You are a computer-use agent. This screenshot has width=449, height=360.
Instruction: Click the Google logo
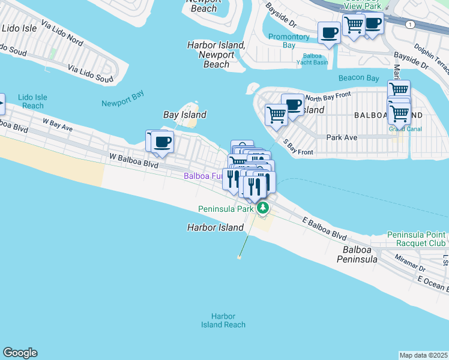20,353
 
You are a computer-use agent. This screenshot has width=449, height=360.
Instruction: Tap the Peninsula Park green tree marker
263,209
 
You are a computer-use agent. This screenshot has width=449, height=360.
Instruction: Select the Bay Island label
185,115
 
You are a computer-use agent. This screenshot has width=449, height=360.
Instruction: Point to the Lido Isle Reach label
32,101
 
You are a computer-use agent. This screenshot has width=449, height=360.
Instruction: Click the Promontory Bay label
289,41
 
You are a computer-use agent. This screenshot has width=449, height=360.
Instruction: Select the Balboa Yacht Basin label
312,59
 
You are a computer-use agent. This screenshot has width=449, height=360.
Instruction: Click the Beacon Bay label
358,78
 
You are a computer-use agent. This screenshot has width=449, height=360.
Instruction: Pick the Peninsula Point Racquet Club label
417,239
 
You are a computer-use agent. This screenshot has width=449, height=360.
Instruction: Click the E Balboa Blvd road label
325,229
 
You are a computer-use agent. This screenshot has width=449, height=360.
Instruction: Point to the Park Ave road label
342,137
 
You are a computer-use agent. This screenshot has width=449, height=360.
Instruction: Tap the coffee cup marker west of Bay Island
162,142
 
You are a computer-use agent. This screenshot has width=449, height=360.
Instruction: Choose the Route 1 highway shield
410,24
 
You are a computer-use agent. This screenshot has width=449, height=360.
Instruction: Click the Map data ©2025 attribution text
424,355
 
